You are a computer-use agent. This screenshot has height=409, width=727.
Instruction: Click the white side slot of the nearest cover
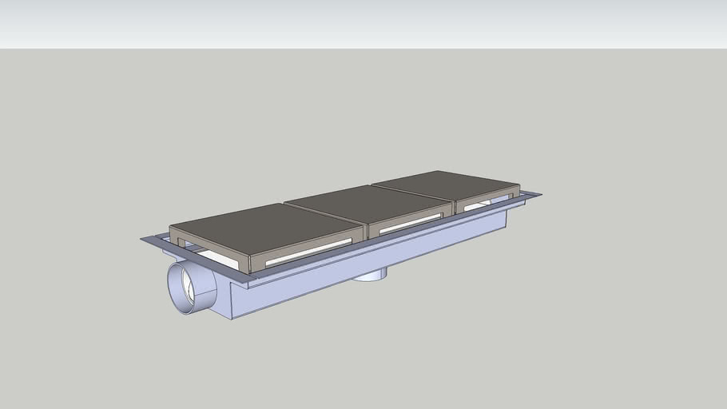click(x=308, y=252)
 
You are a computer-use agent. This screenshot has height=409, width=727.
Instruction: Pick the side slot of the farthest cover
click(x=487, y=203)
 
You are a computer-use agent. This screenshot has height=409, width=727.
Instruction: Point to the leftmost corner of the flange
click(x=142, y=239)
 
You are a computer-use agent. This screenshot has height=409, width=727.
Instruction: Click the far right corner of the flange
click(x=540, y=194)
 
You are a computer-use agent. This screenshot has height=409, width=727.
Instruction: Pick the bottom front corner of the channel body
click(x=232, y=319)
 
